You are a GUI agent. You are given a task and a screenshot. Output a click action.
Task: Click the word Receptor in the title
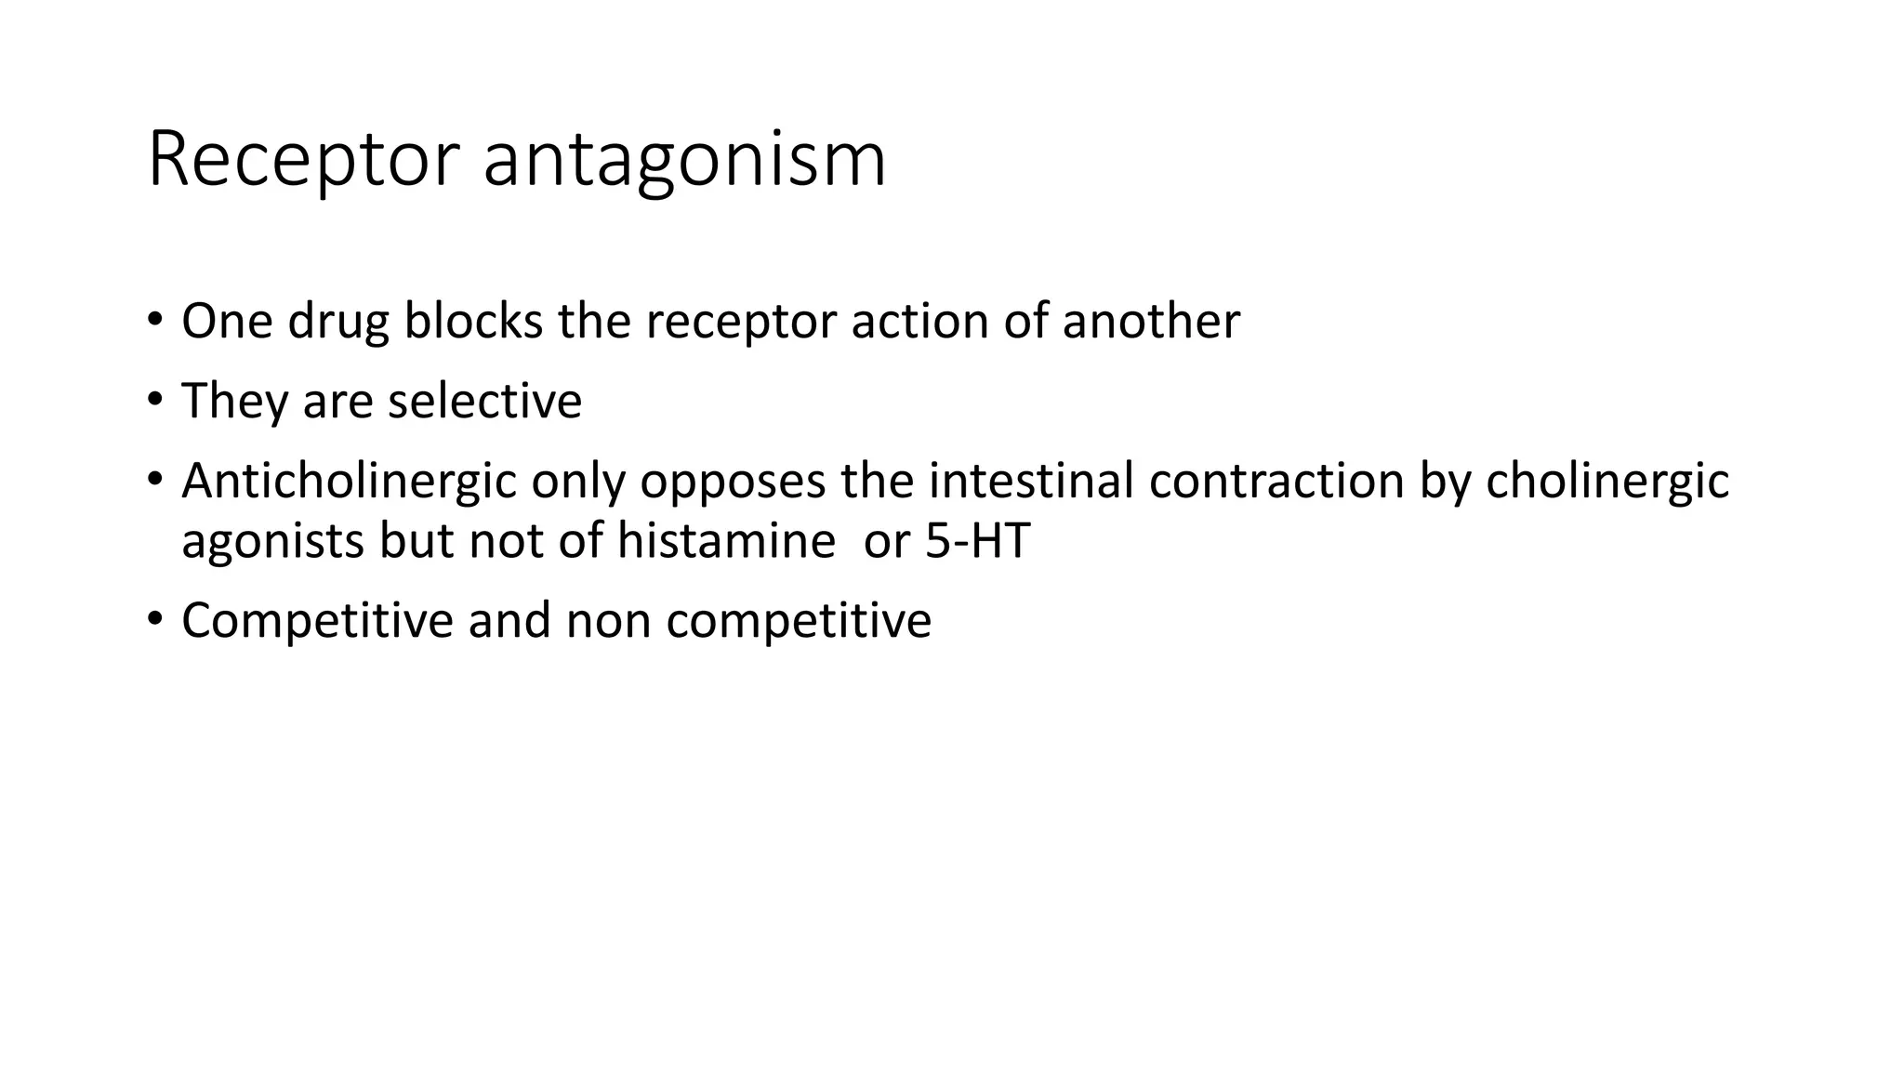pos(303,160)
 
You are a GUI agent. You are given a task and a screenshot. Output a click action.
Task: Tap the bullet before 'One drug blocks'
pos(154,321)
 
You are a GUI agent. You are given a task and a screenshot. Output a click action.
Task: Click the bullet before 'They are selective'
pos(154,401)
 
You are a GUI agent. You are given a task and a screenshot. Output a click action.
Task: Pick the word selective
pos(484,401)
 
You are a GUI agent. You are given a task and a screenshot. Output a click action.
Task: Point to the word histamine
pos(726,540)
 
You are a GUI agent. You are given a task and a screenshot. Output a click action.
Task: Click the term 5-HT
pos(977,540)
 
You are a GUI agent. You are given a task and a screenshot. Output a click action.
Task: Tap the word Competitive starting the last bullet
pos(317,621)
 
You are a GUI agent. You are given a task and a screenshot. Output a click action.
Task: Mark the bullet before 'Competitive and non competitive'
pos(154,620)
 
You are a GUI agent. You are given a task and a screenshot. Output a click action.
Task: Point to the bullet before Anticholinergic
pos(154,481)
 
